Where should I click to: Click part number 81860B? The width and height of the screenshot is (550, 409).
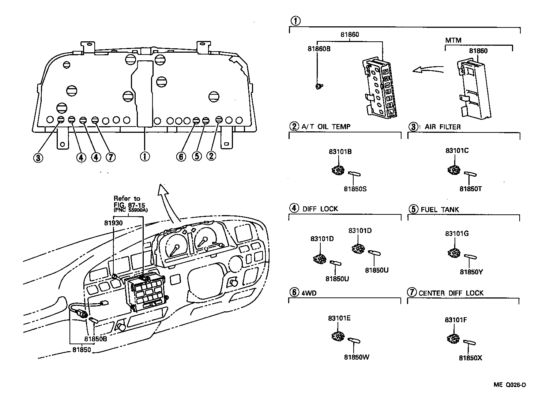(x=319, y=48)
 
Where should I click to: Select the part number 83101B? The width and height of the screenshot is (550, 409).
(x=340, y=151)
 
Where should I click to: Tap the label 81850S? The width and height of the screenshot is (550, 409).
(x=355, y=189)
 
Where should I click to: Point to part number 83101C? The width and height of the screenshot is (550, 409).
(x=457, y=150)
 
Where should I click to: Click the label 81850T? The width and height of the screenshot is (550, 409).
(x=471, y=189)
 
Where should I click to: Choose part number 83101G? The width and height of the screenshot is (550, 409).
(x=457, y=233)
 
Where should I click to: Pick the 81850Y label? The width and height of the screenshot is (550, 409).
(x=471, y=272)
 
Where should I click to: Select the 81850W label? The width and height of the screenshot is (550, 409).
(x=357, y=357)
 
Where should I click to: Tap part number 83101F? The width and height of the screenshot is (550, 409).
(x=456, y=320)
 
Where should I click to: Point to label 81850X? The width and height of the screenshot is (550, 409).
(x=470, y=358)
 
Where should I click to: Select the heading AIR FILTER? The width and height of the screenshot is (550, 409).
(x=442, y=127)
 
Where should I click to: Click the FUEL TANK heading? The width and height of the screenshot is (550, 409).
(x=440, y=210)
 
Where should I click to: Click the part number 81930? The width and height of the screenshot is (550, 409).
(x=113, y=222)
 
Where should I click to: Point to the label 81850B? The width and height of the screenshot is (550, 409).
(x=95, y=338)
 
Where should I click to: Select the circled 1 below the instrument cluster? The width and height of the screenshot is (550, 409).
(x=144, y=157)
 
